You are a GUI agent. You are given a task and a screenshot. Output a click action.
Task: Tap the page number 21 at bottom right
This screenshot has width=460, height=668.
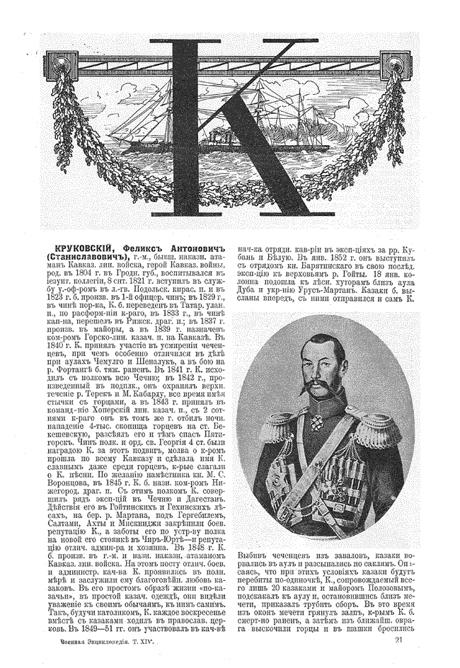(399, 641)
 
